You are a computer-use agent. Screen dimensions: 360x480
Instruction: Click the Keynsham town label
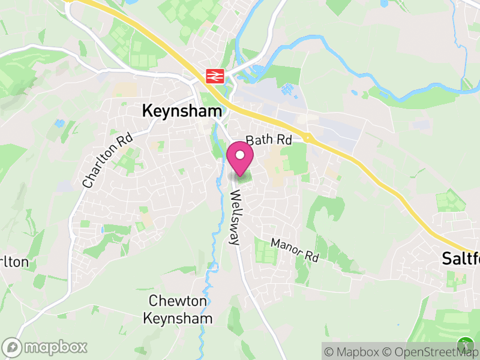pos(182,111)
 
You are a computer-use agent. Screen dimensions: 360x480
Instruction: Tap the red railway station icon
pos(214,76)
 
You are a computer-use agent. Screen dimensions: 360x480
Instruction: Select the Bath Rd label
pos(268,140)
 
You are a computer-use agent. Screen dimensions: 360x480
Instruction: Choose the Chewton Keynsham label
pos(178,310)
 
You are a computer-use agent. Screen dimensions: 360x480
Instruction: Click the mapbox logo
pos(46,347)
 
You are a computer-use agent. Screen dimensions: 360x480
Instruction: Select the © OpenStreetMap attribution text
pos(430,352)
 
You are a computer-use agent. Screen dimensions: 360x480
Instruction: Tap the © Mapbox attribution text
pos(354,352)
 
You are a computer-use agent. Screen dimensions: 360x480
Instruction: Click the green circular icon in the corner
pos(465,344)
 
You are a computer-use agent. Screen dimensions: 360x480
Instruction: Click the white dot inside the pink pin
pos(241,155)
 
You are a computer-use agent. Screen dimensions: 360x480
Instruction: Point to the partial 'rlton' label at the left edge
pos(14,262)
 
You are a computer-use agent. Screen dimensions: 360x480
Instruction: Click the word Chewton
pos(178,301)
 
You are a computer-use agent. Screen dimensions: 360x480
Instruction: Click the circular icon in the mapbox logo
pos(12,347)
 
